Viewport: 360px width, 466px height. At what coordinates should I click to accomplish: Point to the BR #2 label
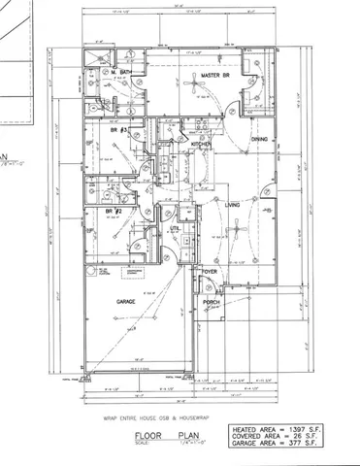113,211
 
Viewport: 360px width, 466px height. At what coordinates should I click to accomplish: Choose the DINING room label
259,140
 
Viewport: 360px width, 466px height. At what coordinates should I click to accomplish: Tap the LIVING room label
233,205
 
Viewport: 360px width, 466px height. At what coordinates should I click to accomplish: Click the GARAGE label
127,302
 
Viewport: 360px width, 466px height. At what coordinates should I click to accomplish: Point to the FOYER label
209,272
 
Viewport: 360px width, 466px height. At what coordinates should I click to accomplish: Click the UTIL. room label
175,229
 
